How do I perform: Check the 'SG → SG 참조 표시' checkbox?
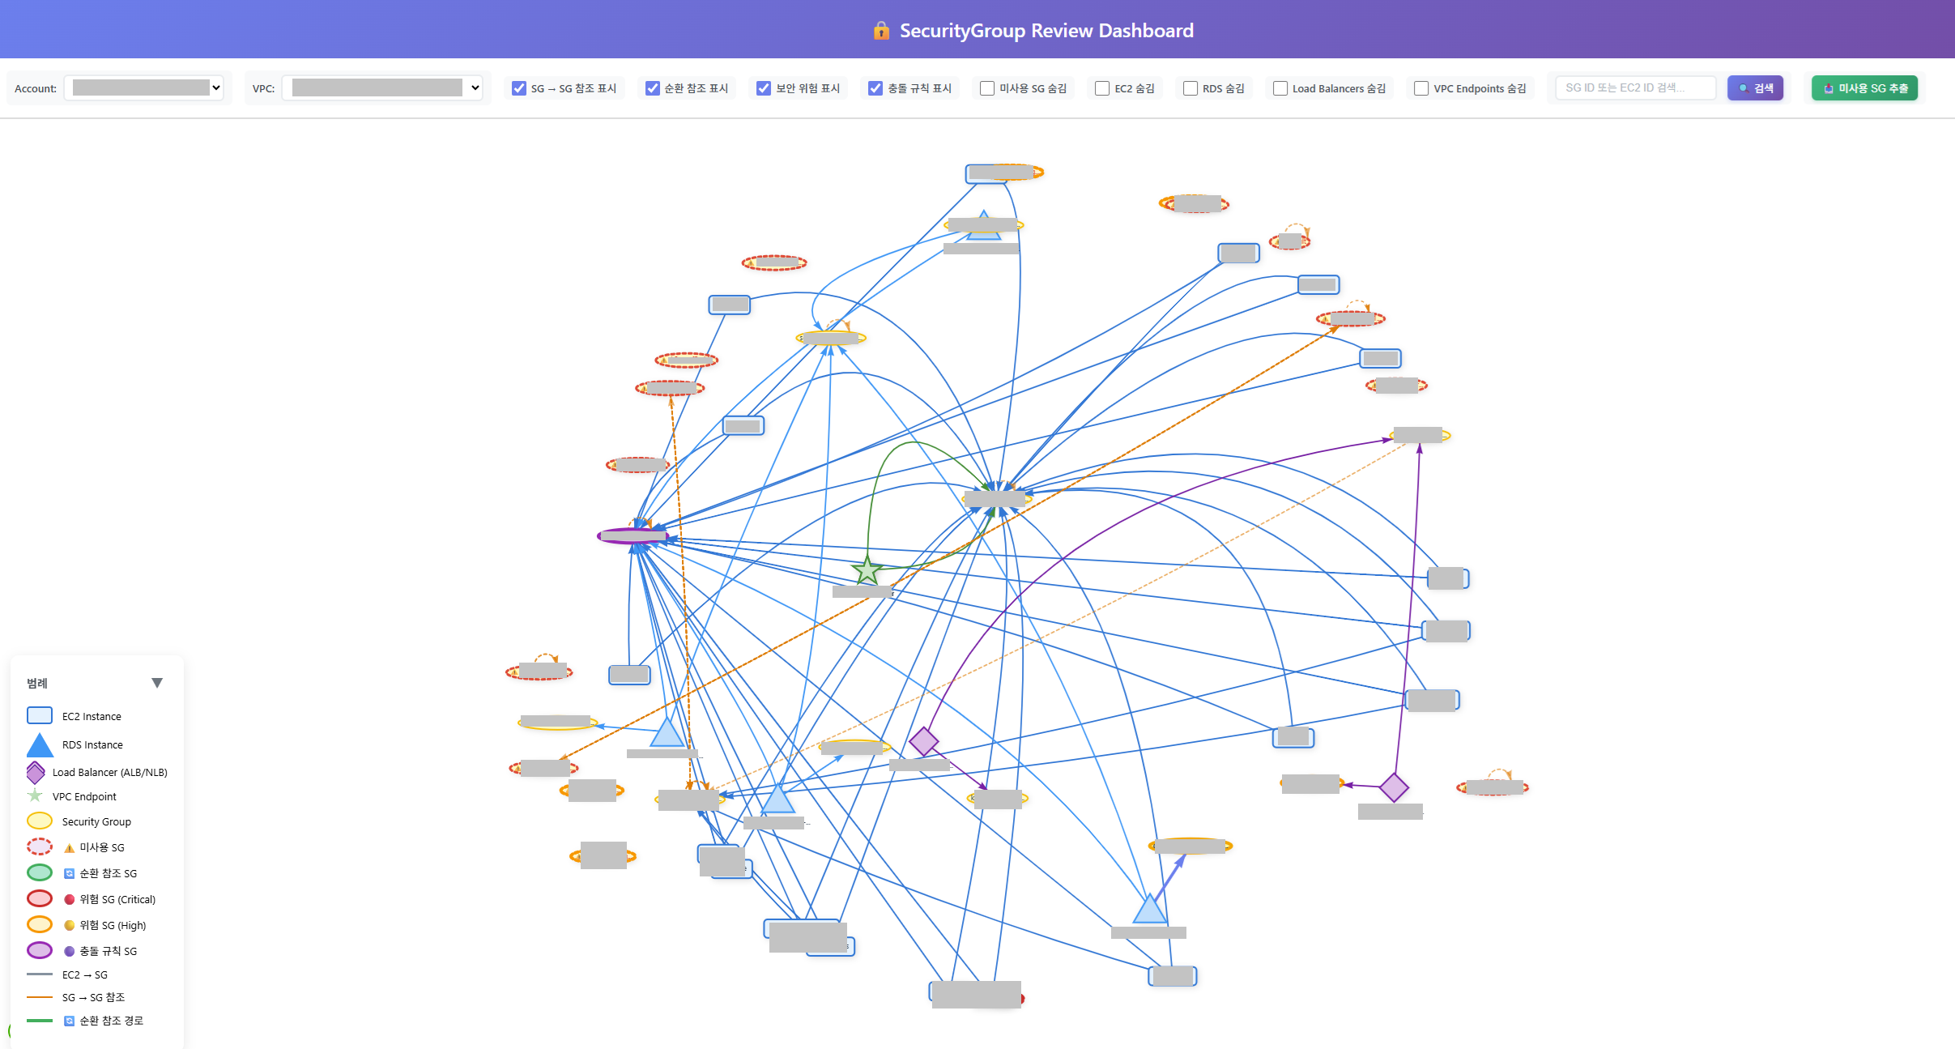point(519,88)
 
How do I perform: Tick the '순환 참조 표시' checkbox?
point(652,88)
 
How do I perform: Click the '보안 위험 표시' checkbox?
point(764,88)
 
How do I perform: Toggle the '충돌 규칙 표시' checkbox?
point(875,88)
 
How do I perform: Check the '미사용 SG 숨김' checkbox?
point(987,88)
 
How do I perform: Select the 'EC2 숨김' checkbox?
point(1102,88)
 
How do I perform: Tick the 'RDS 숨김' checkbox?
point(1190,88)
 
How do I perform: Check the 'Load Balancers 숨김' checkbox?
point(1280,88)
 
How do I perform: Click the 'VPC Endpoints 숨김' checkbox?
point(1421,88)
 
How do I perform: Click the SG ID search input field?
point(1635,87)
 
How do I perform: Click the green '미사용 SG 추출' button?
point(1864,88)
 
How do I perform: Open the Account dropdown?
point(143,87)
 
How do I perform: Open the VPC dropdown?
point(382,87)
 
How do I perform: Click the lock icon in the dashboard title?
point(881,31)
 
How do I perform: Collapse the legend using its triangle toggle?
point(157,683)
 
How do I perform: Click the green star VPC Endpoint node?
point(867,570)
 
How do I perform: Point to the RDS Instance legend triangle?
point(40,745)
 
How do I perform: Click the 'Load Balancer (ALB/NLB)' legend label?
point(110,772)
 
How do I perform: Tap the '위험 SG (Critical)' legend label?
point(117,899)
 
